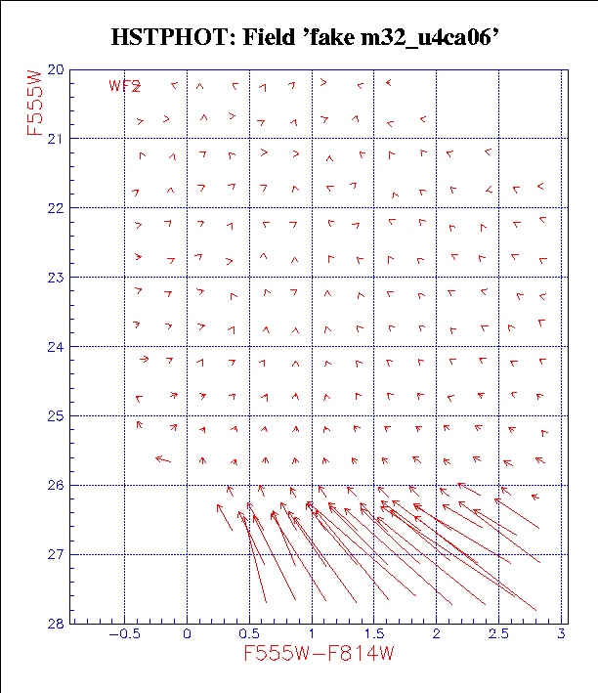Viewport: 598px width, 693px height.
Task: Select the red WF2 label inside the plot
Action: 124,86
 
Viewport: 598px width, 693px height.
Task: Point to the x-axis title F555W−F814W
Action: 319,654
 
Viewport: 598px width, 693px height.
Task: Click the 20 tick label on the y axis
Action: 56,70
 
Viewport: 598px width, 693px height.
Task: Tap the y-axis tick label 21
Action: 56,139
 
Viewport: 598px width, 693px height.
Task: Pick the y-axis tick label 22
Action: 56,208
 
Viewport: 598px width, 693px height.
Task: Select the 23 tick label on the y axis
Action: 56,278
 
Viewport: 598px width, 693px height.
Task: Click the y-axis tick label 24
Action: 56,347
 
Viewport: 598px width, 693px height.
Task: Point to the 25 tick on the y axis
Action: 56,416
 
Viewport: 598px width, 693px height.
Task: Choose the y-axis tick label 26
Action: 56,486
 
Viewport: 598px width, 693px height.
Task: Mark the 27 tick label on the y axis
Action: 56,555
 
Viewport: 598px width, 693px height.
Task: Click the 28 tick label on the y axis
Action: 56,624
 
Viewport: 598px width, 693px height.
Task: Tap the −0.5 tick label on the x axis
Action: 121,634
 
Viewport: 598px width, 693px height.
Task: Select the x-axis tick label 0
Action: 187,634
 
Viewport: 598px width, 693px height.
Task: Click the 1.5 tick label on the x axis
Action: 374,634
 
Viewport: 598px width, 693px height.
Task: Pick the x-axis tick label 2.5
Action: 499,634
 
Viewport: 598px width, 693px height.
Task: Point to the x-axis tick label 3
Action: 562,634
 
